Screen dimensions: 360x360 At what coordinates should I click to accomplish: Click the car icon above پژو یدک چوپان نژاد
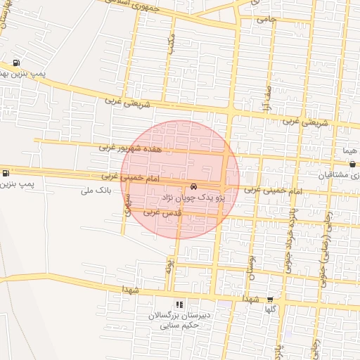(x=193, y=187)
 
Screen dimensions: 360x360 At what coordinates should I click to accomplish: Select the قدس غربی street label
(x=157, y=212)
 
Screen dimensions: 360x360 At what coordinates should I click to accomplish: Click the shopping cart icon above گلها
(x=269, y=299)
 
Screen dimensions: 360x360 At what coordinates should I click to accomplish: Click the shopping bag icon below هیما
(x=352, y=164)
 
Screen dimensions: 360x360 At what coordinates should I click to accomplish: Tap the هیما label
(x=349, y=151)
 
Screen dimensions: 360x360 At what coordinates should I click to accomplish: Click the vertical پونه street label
(x=169, y=265)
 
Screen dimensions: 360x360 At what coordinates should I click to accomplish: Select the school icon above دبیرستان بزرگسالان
(x=179, y=305)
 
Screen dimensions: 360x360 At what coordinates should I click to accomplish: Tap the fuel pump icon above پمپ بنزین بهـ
(x=16, y=61)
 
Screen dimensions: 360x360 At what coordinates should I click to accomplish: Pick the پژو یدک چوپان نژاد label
(x=193, y=198)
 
